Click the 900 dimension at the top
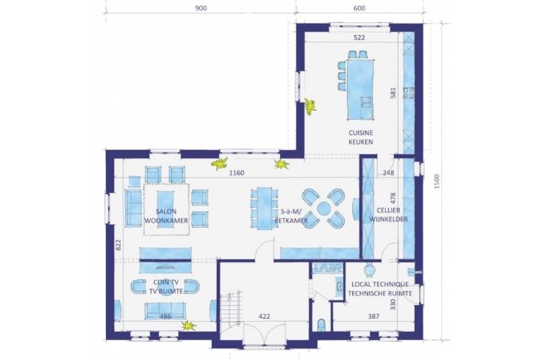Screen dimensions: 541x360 pyautogui.click(x=201, y=8)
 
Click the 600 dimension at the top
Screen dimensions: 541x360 pyautogui.click(x=359, y=8)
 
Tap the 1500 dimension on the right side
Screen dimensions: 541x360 pyautogui.click(x=437, y=181)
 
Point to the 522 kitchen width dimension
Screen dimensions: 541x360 pyautogui.click(x=359, y=37)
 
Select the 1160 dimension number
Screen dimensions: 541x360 pyautogui.click(x=237, y=173)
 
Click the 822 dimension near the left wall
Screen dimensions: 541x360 pyautogui.click(x=118, y=245)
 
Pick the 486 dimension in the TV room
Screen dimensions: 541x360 pyautogui.click(x=165, y=316)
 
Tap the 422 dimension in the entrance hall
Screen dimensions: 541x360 pyautogui.click(x=265, y=316)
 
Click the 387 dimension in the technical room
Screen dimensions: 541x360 pyautogui.click(x=373, y=316)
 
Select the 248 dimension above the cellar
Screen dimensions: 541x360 pyautogui.click(x=388, y=173)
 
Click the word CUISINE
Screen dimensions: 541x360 pyautogui.click(x=361, y=133)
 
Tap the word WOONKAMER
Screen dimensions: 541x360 pyautogui.click(x=166, y=220)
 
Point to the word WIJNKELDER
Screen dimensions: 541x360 pyautogui.click(x=389, y=219)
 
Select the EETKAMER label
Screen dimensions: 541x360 pyautogui.click(x=291, y=220)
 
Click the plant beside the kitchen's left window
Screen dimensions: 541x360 pyautogui.click(x=310, y=106)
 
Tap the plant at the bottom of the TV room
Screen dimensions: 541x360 pyautogui.click(x=189, y=325)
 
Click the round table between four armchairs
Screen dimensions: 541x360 pyautogui.click(x=323, y=208)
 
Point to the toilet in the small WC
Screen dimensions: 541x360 pyautogui.click(x=321, y=325)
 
